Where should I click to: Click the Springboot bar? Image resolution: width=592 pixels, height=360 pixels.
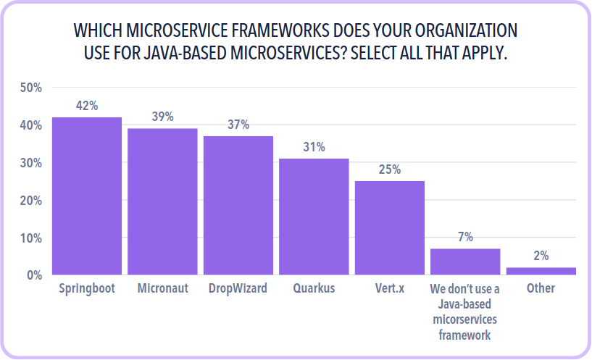[87, 196]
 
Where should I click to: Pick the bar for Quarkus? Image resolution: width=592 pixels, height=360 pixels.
[314, 217]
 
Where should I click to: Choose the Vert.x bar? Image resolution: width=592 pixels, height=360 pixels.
[390, 227]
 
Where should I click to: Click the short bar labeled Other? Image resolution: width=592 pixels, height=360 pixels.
[541, 271]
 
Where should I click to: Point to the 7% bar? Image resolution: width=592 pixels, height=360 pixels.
[465, 261]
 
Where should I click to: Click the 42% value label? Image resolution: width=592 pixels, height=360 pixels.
[87, 106]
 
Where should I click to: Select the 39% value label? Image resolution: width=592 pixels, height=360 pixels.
[162, 117]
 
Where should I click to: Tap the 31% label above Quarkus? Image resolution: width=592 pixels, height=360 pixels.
[314, 147]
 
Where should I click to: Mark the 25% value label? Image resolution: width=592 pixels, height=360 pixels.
[390, 169]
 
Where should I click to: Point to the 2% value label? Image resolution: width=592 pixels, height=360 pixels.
[541, 256]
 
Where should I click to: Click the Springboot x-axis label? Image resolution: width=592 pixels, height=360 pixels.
[87, 288]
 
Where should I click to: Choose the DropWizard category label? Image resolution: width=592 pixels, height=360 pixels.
[238, 288]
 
